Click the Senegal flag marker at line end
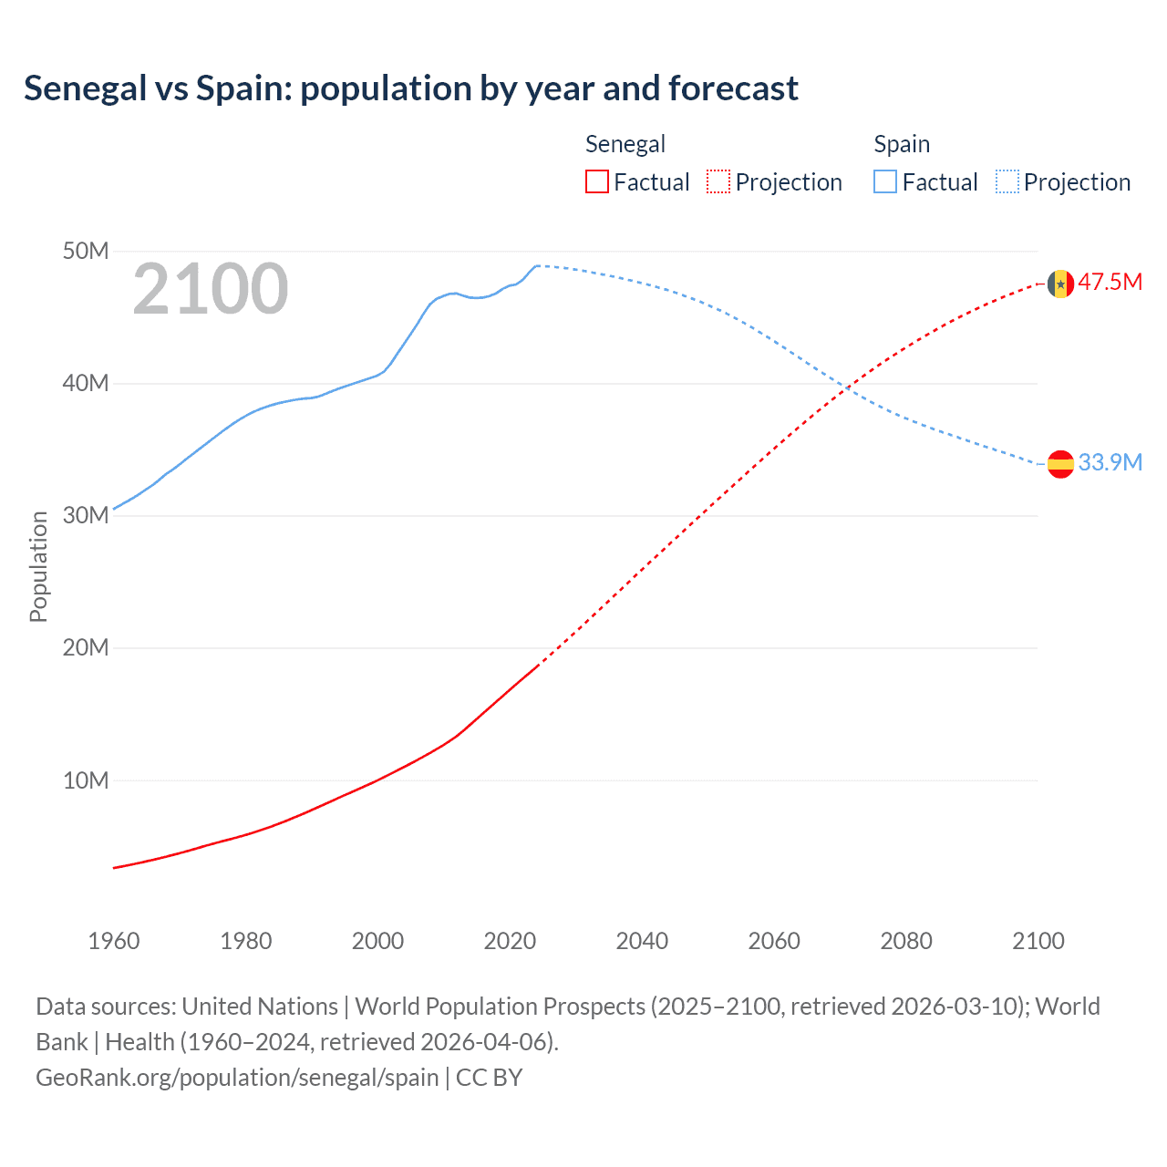coord(1059,284)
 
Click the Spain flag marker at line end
coord(1059,464)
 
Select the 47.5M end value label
coord(1110,282)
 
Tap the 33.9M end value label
coord(1110,462)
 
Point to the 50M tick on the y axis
coord(85,251)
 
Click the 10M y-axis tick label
coord(85,780)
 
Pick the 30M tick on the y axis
coord(85,515)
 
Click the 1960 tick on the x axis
coord(114,941)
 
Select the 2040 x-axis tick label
coord(642,941)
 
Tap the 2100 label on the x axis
coord(1038,941)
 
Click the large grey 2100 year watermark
coord(211,290)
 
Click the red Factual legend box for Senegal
coord(597,181)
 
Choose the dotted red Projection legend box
coord(718,181)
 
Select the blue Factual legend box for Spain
coord(885,181)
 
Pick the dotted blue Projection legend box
coord(1007,181)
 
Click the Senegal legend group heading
coord(625,144)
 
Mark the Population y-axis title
coord(38,566)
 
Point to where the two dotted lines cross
coord(847,389)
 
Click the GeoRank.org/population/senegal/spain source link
coord(237,1077)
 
